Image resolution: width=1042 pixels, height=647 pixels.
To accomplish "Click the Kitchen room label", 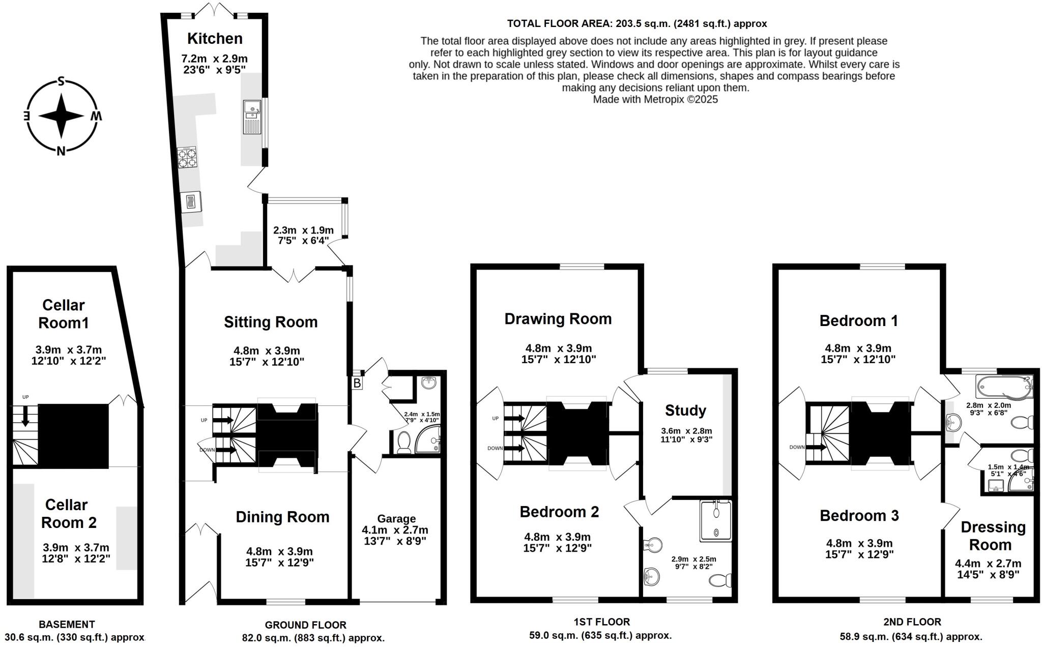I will (214, 38).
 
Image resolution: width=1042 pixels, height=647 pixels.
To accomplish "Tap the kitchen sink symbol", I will (252, 117).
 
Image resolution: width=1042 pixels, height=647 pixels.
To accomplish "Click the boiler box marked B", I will (357, 383).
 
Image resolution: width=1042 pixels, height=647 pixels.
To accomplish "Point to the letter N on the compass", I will (61, 151).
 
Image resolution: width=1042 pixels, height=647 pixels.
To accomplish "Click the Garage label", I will (396, 518).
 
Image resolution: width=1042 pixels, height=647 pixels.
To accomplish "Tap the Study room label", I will (685, 410).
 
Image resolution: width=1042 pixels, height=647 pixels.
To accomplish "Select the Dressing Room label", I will (992, 536).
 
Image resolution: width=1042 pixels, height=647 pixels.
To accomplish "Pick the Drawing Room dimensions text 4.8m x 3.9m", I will (558, 348).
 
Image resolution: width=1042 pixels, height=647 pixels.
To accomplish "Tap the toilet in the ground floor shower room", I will (404, 442).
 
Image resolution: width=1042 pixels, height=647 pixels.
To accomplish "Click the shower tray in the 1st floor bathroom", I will (716, 520).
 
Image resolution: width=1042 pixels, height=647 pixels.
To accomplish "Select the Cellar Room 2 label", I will (68, 513).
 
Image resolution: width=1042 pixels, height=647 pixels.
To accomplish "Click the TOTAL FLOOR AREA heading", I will (637, 23).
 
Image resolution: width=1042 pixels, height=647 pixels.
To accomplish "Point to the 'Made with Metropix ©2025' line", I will (655, 99).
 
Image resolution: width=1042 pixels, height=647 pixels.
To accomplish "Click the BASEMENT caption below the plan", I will (67, 624).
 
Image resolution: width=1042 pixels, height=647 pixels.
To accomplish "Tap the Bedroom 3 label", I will (859, 515).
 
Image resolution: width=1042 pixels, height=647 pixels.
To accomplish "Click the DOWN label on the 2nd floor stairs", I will (797, 447).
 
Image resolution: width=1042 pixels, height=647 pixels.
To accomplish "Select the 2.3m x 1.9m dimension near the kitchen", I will (303, 230).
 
